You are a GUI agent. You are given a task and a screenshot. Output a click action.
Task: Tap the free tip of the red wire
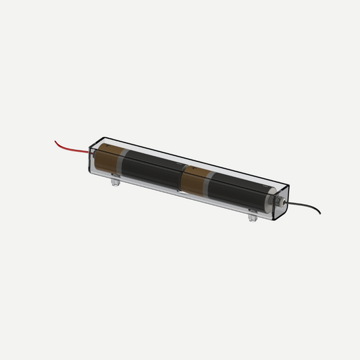coord(55,141)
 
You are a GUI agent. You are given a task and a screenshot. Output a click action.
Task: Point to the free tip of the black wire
coord(320,213)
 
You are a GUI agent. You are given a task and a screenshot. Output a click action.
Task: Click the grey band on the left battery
coord(122,162)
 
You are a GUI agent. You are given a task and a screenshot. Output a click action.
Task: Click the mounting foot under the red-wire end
coord(115,181)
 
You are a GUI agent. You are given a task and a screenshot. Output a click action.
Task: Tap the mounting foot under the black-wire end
coord(253,217)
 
